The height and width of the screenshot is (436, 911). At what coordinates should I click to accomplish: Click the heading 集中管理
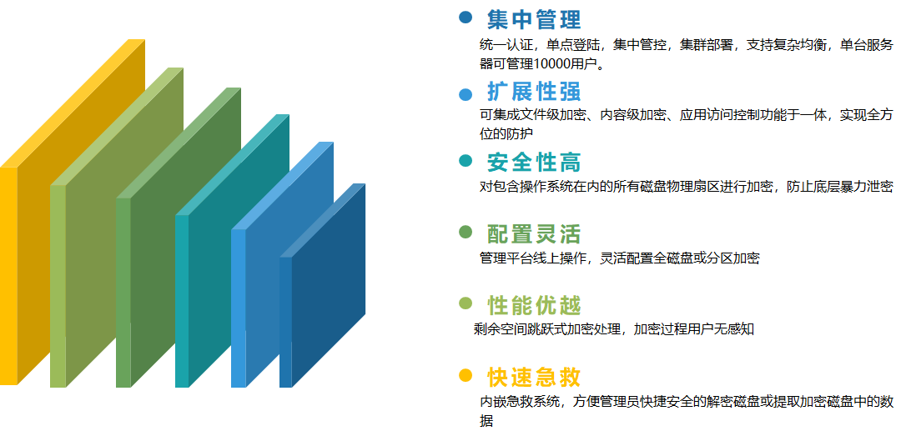pyautogui.click(x=534, y=18)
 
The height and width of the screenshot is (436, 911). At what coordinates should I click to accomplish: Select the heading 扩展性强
pyautogui.click(x=534, y=91)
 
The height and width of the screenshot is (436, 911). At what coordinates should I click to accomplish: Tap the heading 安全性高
pyautogui.click(x=534, y=162)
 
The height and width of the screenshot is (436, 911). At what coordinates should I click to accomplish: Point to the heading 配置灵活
pyautogui.click(x=534, y=233)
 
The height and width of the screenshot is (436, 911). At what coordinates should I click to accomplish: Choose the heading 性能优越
pyautogui.click(x=534, y=305)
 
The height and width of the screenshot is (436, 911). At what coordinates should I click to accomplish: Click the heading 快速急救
pyautogui.click(x=534, y=377)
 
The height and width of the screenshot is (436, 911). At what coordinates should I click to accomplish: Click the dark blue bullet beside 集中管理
pyautogui.click(x=466, y=17)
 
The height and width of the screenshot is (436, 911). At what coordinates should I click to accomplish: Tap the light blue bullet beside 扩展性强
pyautogui.click(x=466, y=92)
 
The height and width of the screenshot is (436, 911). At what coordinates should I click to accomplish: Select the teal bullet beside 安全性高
pyautogui.click(x=466, y=161)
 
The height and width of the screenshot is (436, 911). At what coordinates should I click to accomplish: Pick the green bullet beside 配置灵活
pyautogui.click(x=466, y=231)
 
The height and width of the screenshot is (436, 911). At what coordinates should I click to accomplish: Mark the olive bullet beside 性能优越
pyautogui.click(x=466, y=303)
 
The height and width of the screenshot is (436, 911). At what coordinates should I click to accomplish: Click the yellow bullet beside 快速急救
pyautogui.click(x=466, y=375)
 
